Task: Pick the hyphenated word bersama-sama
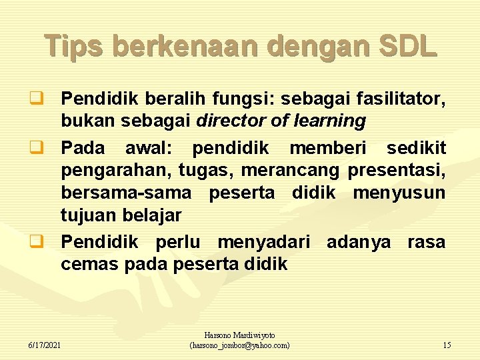coord(126,194)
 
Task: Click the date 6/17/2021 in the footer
coord(45,345)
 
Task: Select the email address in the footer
coord(240,345)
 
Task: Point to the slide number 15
coord(447,345)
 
